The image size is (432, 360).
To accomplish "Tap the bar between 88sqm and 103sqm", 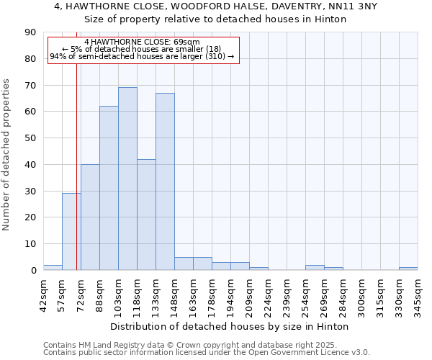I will pos(109,188).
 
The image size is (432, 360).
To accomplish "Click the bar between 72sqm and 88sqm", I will pos(90,217).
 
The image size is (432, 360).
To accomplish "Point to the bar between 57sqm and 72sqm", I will pos(71,231).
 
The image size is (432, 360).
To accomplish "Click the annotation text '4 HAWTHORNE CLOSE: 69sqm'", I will pos(142,42).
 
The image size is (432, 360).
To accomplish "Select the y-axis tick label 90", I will pos(30,32).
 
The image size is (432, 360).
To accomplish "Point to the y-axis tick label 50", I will pos(30,138).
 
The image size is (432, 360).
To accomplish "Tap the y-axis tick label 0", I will pos(33,270).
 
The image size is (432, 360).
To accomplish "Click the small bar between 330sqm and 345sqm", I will pos(408,269).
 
